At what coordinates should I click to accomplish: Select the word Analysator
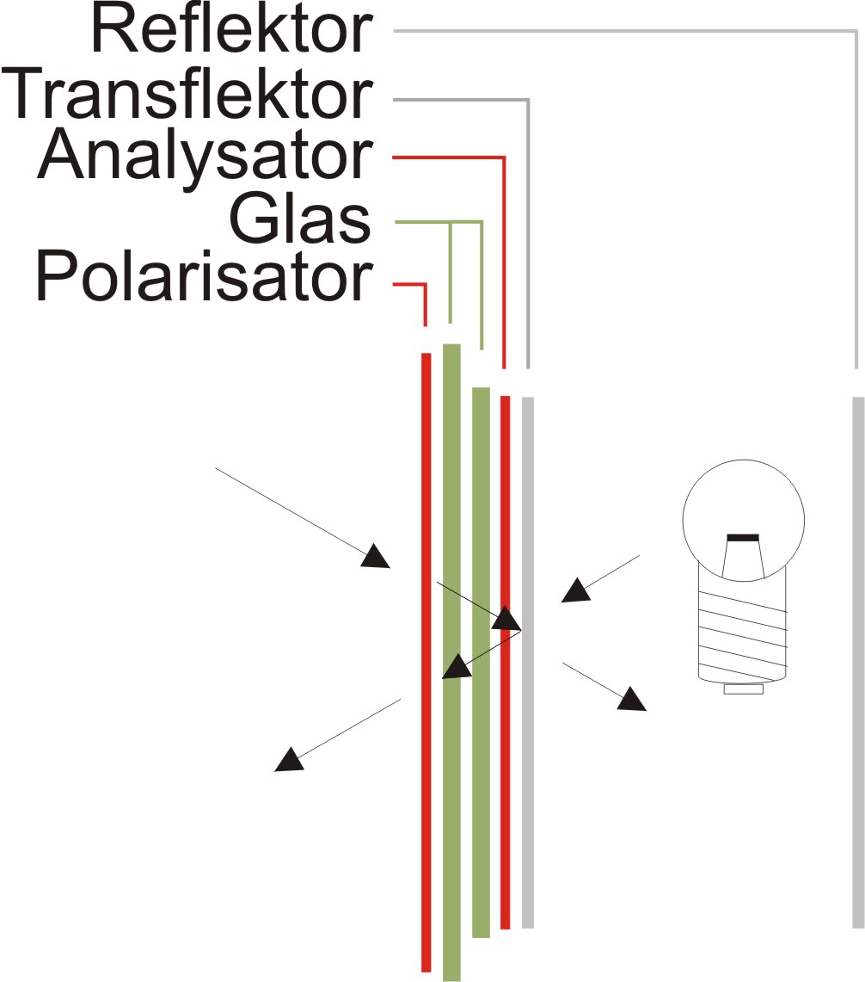(x=205, y=158)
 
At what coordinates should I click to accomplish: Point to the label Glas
(x=299, y=221)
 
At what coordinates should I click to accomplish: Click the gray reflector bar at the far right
(x=857, y=663)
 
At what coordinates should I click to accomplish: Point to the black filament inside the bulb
(x=743, y=538)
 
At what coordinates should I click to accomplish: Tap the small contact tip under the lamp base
(x=743, y=689)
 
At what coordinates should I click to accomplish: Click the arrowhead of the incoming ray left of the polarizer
(x=375, y=558)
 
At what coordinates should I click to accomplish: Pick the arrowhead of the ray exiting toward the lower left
(x=287, y=759)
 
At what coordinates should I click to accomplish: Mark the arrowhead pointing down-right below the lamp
(x=631, y=699)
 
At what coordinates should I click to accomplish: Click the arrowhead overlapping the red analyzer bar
(x=506, y=619)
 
